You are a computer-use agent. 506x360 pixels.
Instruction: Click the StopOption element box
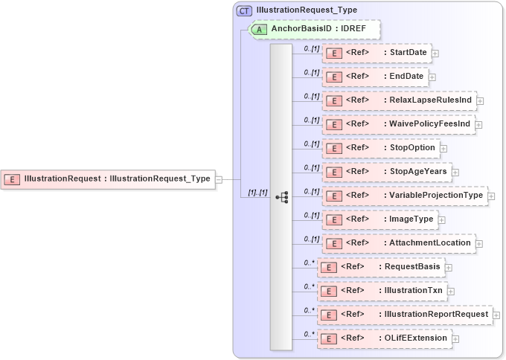pos(380,147)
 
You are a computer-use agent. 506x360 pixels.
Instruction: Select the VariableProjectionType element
pos(405,196)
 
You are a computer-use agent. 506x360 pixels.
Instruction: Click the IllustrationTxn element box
pos(382,290)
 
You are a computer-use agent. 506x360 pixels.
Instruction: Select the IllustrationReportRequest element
pos(404,315)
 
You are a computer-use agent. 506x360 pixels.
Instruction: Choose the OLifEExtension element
pos(384,338)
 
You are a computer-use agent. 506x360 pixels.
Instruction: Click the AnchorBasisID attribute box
pos(314,30)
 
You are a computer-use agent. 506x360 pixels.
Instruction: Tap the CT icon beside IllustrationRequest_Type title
pos(244,10)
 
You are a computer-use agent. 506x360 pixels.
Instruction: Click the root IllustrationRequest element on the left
pos(107,179)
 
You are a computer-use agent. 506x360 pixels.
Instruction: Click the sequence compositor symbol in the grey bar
pos(281,197)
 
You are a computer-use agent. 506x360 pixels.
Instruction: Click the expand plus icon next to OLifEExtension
pos(455,338)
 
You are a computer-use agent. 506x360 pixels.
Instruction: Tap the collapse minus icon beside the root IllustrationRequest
pos(219,179)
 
